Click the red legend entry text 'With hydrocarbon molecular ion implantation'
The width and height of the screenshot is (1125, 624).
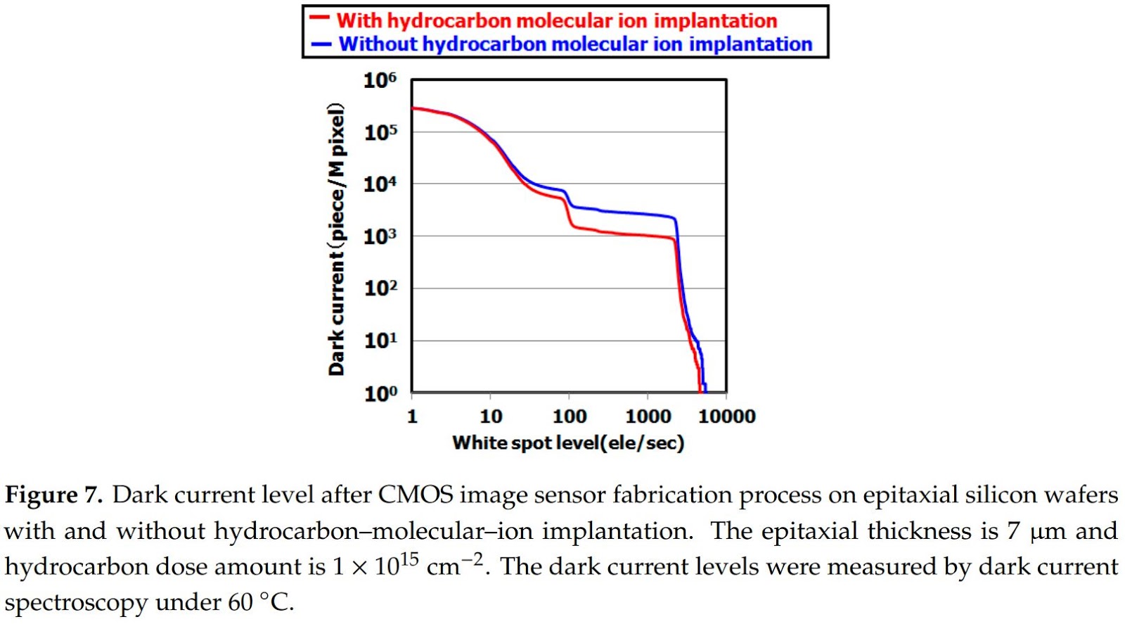click(556, 20)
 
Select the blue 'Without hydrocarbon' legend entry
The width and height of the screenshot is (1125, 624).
click(575, 44)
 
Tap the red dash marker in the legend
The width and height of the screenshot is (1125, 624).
click(320, 19)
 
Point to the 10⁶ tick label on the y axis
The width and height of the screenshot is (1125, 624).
click(380, 80)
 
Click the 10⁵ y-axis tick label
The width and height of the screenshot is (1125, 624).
click(380, 132)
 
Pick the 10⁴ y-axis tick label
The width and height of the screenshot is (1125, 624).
click(380, 184)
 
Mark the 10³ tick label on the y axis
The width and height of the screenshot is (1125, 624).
click(380, 236)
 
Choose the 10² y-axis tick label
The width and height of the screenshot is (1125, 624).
click(380, 288)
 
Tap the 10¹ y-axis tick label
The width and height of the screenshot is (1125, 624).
click(380, 340)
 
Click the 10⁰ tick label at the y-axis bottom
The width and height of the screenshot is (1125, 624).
click(380, 393)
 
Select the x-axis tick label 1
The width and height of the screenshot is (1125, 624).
click(412, 416)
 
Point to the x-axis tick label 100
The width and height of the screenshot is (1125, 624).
click(570, 416)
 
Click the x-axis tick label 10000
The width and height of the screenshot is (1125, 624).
click(726, 416)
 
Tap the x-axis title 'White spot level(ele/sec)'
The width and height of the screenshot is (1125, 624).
click(568, 442)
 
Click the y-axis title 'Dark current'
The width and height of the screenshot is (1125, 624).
click(337, 239)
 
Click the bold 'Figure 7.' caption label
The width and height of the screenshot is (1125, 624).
click(53, 495)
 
